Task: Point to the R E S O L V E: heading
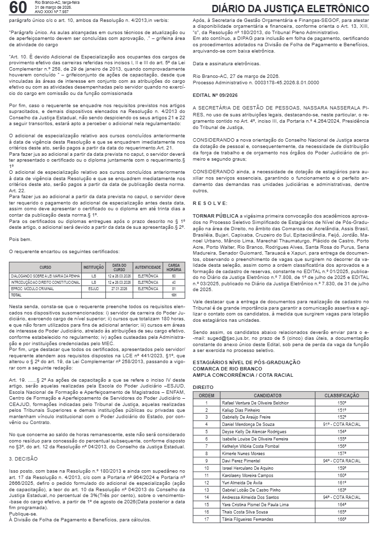point(210,202)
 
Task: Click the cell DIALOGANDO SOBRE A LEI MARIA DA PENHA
point(45,276)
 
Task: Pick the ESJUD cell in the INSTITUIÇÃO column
point(94,288)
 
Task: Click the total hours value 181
point(174,295)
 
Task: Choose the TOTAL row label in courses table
point(17,295)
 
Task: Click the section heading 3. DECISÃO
point(23,459)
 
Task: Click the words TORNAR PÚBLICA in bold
point(216,215)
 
